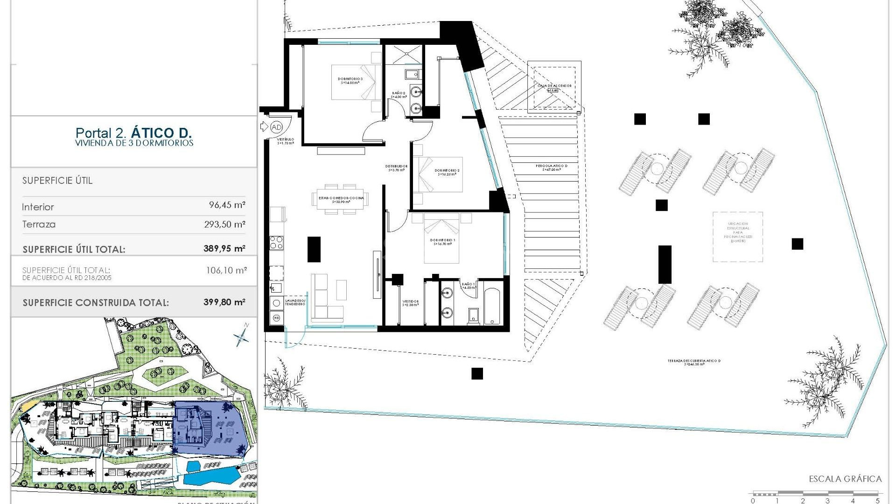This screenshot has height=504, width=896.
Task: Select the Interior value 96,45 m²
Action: pyautogui.click(x=227, y=205)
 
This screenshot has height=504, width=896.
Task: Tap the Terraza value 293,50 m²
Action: pyautogui.click(x=224, y=224)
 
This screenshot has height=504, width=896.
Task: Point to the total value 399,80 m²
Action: pyautogui.click(x=224, y=302)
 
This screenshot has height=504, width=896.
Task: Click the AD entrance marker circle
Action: pyautogui.click(x=277, y=127)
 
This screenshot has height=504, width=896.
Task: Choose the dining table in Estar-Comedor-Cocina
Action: pyautogui.click(x=341, y=199)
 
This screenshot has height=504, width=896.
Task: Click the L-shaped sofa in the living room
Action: pyautogui.click(x=327, y=299)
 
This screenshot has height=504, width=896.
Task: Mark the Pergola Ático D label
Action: pyautogui.click(x=551, y=167)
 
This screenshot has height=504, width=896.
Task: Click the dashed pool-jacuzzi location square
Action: pyautogui.click(x=737, y=237)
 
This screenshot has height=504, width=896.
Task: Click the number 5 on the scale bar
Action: pyautogui.click(x=878, y=501)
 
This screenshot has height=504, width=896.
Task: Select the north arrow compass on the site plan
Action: pyautogui.click(x=242, y=336)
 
